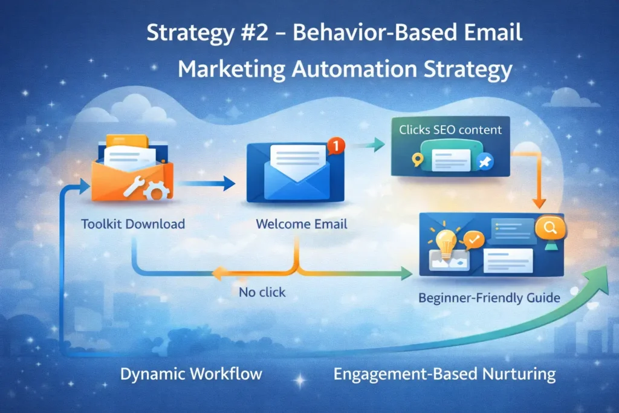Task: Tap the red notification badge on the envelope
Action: pos(337,145)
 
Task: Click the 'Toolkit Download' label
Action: pos(133,224)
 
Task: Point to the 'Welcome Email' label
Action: pos(302,224)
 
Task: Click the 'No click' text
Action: pos(262,292)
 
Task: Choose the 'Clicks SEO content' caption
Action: pos(450,129)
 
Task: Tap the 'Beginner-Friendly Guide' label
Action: pos(489,298)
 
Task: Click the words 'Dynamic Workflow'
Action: pos(191,374)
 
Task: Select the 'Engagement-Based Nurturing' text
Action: pos(444,374)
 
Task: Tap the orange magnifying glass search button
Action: pos(550,228)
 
